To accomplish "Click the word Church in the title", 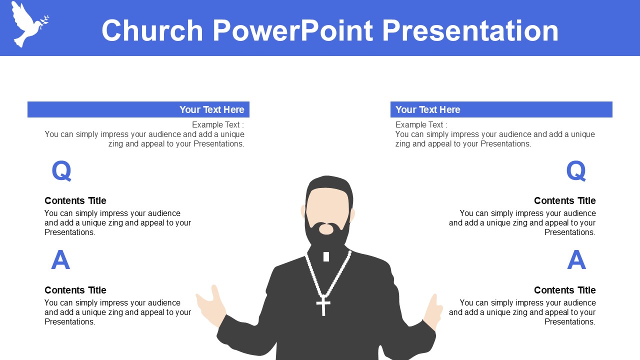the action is pyautogui.click(x=152, y=30).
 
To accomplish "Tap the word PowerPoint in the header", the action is pyautogui.click(x=293, y=30).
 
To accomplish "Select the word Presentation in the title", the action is pyautogui.click(x=470, y=30).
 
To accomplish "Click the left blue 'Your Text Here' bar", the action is pyautogui.click(x=138, y=109).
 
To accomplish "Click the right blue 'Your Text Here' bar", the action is pyautogui.click(x=501, y=109).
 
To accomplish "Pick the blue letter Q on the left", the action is pyautogui.click(x=61, y=170).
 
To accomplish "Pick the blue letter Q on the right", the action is pyautogui.click(x=576, y=170).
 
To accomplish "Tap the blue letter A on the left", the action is pyautogui.click(x=60, y=259).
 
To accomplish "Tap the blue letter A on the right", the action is pyautogui.click(x=576, y=259).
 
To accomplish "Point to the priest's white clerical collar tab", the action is pyautogui.click(x=326, y=256).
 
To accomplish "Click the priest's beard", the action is pyautogui.click(x=327, y=233).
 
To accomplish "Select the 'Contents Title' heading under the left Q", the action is pyautogui.click(x=75, y=200).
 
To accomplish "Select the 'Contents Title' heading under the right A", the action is pyautogui.click(x=565, y=290).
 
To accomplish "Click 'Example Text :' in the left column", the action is pyautogui.click(x=218, y=125).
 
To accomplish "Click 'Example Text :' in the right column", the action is pyautogui.click(x=421, y=125).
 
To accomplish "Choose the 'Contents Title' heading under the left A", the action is pyautogui.click(x=75, y=290).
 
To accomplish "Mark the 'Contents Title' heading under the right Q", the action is pyautogui.click(x=565, y=200).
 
